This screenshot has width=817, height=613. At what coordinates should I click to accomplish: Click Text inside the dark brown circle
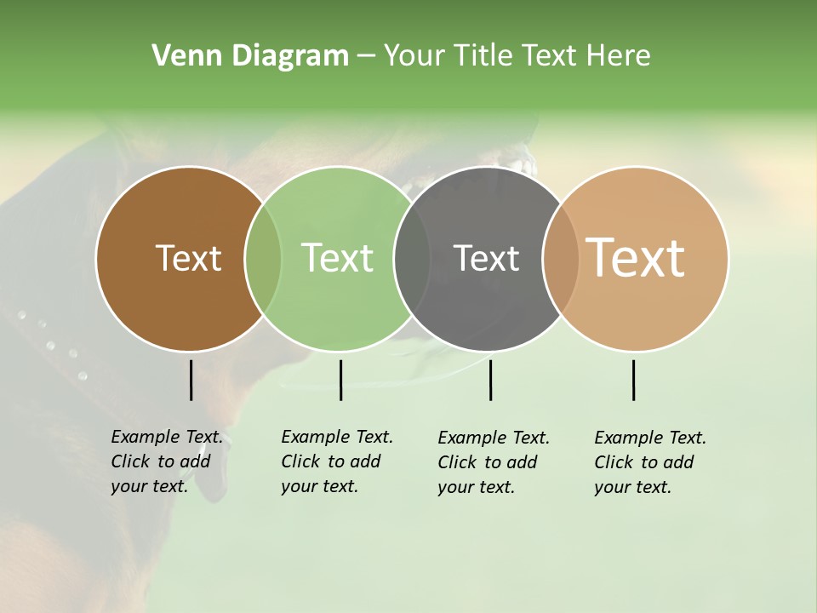[188, 258]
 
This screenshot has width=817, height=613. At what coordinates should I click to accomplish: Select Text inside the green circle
[338, 258]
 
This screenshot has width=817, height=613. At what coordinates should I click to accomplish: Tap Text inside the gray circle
[486, 258]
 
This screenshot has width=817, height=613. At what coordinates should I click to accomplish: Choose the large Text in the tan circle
[636, 258]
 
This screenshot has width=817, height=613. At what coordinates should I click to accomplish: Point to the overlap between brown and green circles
[263, 258]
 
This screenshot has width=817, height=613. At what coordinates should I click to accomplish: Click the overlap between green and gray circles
[412, 258]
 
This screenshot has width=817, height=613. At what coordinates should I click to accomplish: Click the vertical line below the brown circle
[191, 380]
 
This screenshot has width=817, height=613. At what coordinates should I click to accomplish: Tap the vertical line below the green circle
[340, 380]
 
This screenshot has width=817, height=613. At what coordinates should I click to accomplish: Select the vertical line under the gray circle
[490, 380]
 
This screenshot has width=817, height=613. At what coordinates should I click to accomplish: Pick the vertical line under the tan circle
[633, 380]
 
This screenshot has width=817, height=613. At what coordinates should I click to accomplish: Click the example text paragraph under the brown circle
[166, 461]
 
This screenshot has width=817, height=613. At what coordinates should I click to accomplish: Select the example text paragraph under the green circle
[336, 461]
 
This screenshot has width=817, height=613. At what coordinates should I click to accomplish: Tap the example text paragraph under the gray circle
[493, 462]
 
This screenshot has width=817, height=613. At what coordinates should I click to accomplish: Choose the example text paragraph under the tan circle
[649, 462]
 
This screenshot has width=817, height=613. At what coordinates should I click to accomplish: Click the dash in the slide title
[366, 56]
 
